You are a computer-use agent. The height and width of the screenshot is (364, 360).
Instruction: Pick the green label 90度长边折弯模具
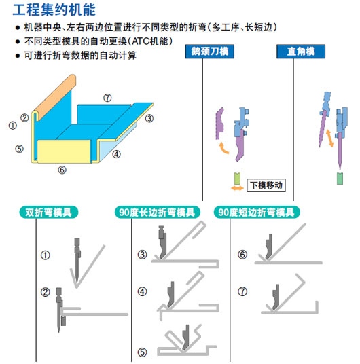158,212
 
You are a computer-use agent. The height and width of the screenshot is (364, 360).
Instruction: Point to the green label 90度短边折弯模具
256,212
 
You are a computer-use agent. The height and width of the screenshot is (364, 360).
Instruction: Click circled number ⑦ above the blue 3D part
107,98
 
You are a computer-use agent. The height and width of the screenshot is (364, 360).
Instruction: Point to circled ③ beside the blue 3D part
148,117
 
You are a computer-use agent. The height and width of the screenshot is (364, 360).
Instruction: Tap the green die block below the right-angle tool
340,179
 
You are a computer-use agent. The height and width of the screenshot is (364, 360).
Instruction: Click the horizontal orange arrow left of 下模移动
237,185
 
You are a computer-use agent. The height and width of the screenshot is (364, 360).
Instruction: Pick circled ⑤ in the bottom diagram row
142,352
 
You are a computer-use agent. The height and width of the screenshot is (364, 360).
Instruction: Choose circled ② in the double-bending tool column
46,293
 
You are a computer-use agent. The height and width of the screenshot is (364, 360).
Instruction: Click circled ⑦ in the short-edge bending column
242,293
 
